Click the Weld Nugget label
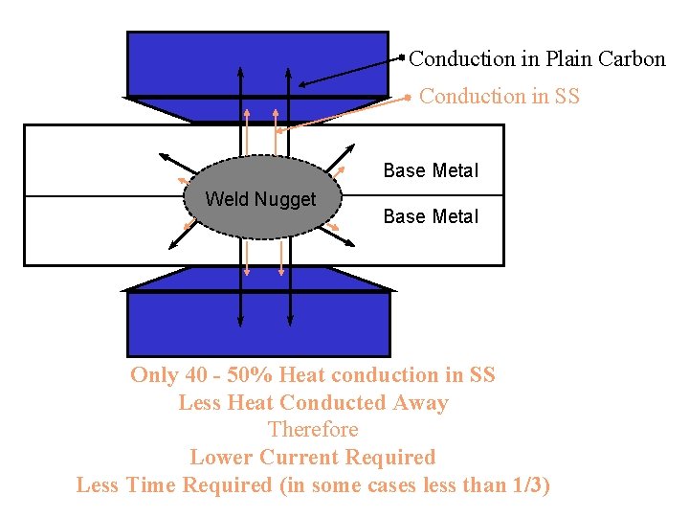(x=260, y=199)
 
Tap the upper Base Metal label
(x=431, y=171)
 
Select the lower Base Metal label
(x=431, y=217)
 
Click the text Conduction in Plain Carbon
(x=537, y=59)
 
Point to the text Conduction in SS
(x=500, y=97)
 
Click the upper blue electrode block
(x=257, y=63)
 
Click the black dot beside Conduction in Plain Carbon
(x=402, y=57)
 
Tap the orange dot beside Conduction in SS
(x=409, y=96)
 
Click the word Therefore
(x=313, y=430)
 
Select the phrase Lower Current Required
(x=313, y=458)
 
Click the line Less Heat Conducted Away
(x=313, y=403)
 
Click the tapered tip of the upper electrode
(x=257, y=109)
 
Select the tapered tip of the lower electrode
(x=257, y=279)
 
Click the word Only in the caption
(x=154, y=375)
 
